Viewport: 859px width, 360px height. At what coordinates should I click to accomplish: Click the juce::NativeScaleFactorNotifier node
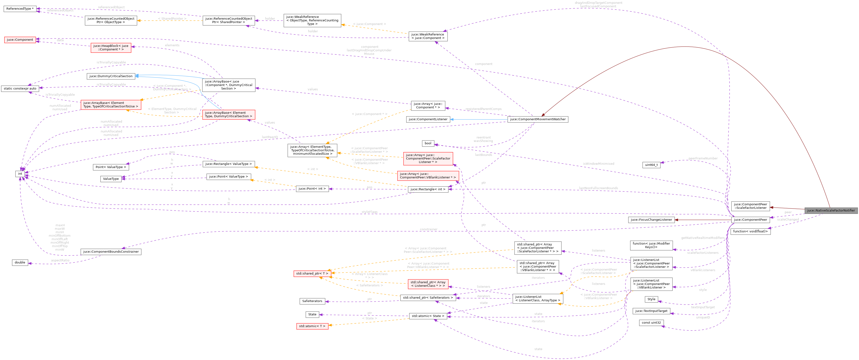tap(831, 211)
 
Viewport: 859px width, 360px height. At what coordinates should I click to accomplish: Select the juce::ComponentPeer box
tap(750, 220)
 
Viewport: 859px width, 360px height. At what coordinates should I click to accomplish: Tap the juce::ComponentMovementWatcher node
tap(538, 119)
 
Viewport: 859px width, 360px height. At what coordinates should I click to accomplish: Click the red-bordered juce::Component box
tap(20, 40)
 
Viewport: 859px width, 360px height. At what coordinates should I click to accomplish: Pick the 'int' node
tap(20, 174)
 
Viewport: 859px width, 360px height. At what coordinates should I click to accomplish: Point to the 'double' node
tap(20, 262)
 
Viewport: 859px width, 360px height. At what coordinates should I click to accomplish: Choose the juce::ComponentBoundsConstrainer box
tap(111, 252)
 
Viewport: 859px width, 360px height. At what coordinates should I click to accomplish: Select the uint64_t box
tap(651, 165)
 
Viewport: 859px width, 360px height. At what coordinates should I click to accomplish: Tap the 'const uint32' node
tap(651, 323)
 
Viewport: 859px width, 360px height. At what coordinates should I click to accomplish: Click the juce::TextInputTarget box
tap(651, 311)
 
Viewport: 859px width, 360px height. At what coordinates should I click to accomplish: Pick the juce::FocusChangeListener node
tap(651, 220)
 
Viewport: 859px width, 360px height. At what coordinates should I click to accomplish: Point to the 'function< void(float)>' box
tap(750, 231)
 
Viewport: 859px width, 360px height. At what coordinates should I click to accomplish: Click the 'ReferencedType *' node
tap(20, 9)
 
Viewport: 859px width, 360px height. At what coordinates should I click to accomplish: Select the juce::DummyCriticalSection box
tap(111, 76)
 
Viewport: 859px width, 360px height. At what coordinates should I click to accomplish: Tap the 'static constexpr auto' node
tap(20, 88)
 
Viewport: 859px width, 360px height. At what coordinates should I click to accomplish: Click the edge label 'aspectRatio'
tap(60, 260)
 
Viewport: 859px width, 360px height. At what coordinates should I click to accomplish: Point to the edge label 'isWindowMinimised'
tap(598, 164)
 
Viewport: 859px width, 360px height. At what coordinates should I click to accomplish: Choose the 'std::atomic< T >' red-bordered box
tap(312, 326)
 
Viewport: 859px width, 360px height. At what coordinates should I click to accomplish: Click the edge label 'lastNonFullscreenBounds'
tap(598, 188)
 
